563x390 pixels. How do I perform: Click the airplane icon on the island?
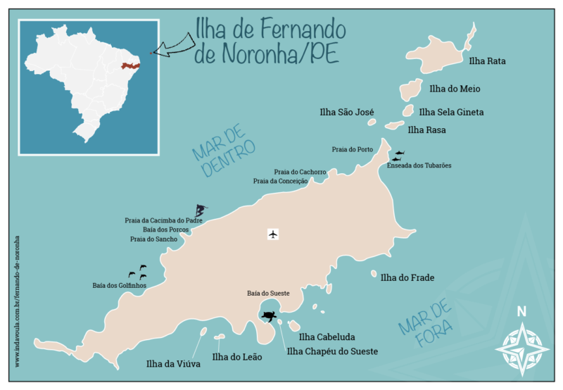[274, 234]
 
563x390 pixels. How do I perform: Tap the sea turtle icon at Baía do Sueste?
[269, 316]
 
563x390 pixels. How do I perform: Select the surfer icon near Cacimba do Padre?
[201, 210]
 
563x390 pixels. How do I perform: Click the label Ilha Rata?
[487, 61]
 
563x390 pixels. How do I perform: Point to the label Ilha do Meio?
[454, 89]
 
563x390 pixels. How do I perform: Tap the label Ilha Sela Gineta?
[451, 112]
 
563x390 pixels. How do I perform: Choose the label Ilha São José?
[346, 112]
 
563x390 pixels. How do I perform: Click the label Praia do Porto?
[353, 149]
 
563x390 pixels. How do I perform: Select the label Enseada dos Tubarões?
[419, 165]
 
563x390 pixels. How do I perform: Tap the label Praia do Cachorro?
[300, 172]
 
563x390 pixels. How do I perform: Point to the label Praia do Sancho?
[154, 239]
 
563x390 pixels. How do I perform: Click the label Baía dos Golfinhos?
[120, 285]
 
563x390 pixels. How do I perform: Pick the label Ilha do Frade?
[407, 278]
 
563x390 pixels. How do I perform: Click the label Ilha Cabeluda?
[330, 337]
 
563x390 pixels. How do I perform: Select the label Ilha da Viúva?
[173, 364]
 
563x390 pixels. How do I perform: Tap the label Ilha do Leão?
[236, 358]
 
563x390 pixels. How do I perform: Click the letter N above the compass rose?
[521, 312]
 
